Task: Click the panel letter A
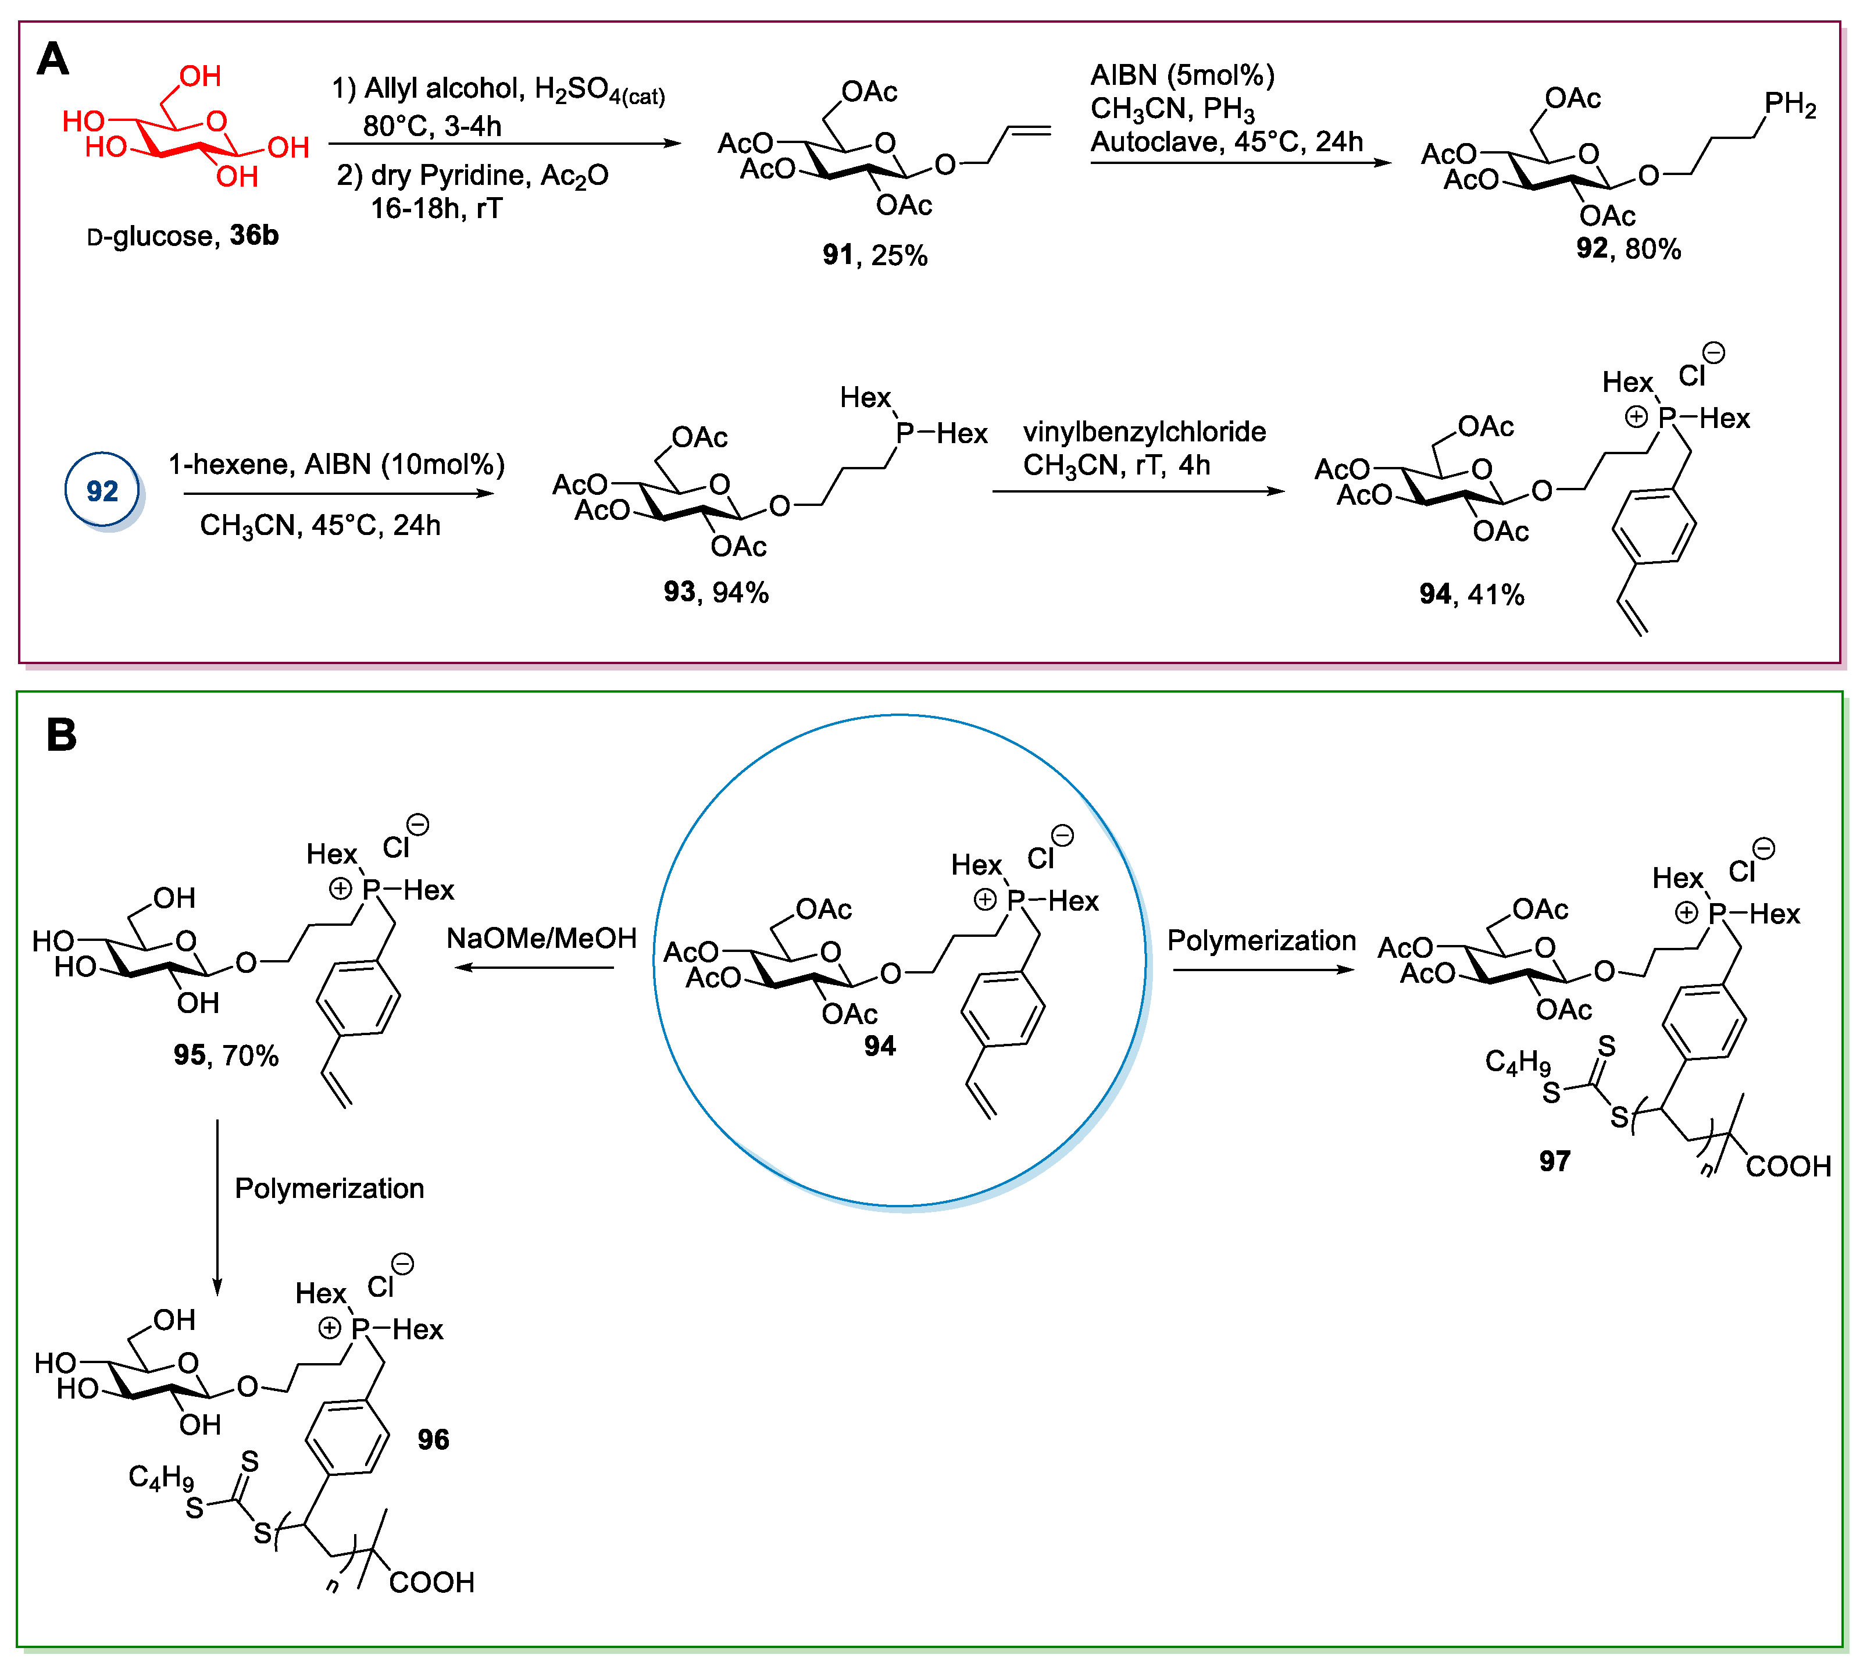(x=52, y=60)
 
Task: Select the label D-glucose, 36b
(x=183, y=237)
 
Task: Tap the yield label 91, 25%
(x=874, y=255)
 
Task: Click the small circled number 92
(x=102, y=491)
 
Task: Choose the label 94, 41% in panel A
(x=1471, y=594)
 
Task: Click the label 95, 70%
(x=226, y=1055)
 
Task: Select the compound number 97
(x=1554, y=1162)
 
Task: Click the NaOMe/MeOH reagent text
(x=541, y=938)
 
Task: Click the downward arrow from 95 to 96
(x=217, y=1206)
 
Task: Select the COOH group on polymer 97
(x=1787, y=1167)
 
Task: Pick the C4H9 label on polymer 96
(x=162, y=1477)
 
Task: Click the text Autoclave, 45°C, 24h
(x=1226, y=142)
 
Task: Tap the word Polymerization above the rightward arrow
(x=1261, y=941)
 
